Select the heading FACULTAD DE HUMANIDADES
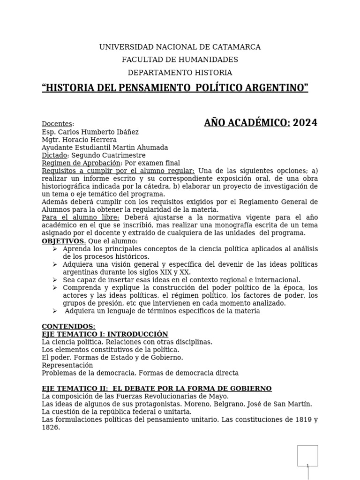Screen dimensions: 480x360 pyautogui.click(x=180, y=60)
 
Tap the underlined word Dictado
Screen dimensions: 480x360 pyautogui.click(x=54, y=155)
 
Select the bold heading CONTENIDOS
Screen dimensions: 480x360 pyautogui.click(x=68, y=326)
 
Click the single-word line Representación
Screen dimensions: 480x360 pyautogui.click(x=67, y=365)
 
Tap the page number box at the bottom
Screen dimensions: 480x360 pyautogui.click(x=307, y=456)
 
